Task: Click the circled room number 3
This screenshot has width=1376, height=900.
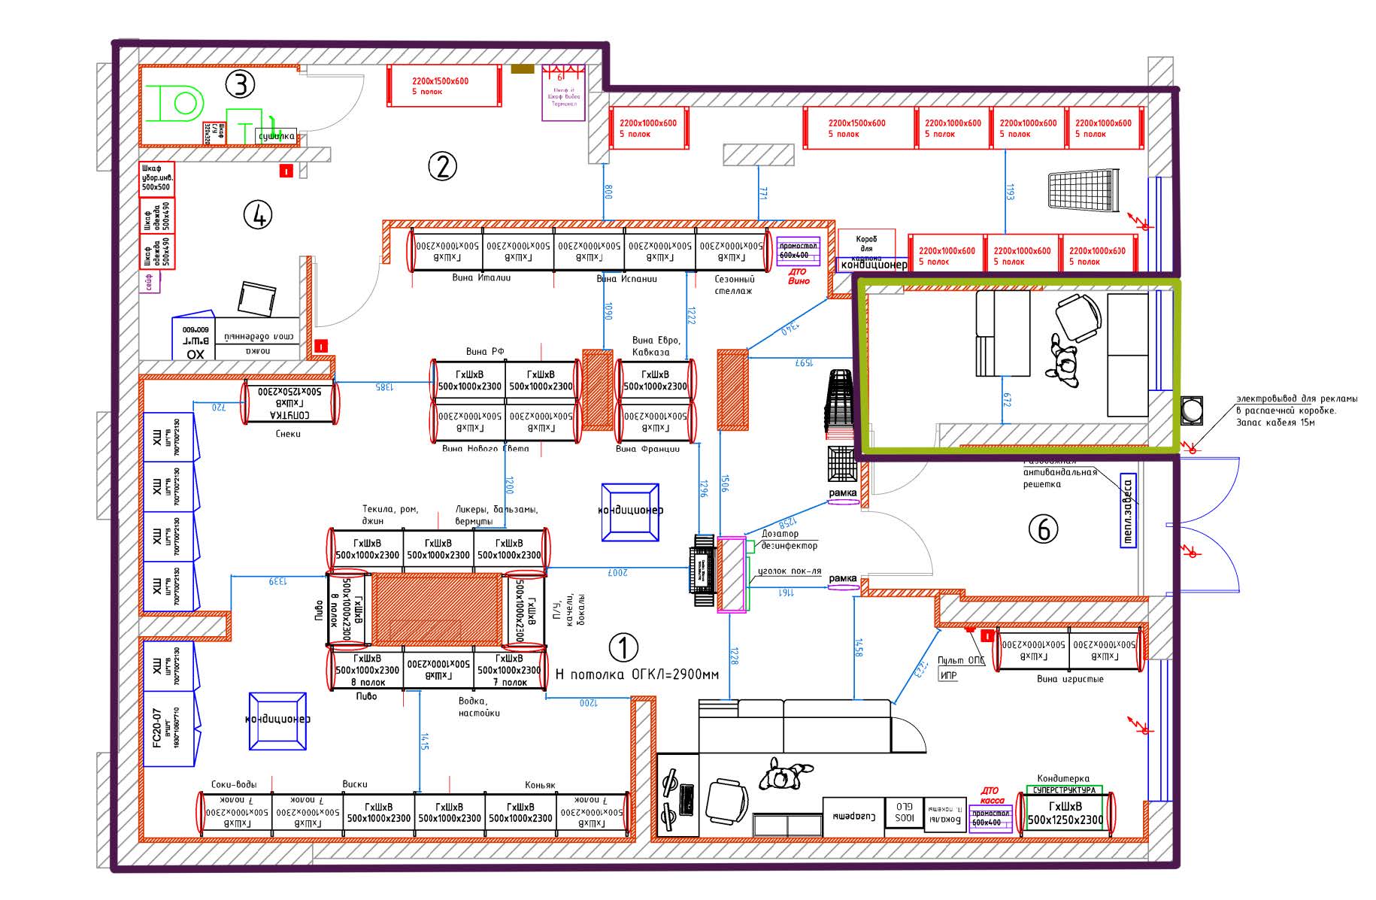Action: coord(240,84)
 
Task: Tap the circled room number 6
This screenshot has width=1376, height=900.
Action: coord(1043,529)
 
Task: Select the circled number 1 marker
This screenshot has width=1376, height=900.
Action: coord(623,647)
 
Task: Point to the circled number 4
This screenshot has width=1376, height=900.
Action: coord(258,216)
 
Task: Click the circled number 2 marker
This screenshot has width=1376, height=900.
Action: coord(442,166)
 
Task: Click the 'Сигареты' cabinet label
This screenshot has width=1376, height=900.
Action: coord(853,814)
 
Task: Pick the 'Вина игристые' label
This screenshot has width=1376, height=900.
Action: coord(1070,679)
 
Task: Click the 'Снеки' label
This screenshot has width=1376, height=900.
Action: coord(288,434)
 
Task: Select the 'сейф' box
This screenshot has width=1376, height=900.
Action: coord(148,282)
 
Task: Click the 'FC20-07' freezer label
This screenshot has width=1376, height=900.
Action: coord(156,728)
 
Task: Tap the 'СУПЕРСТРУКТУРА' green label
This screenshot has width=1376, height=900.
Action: coord(1064,790)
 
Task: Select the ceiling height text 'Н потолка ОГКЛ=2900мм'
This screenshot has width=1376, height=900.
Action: coord(637,674)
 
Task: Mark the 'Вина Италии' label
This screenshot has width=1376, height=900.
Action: coord(481,277)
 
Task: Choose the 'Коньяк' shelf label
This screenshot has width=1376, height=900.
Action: coord(540,785)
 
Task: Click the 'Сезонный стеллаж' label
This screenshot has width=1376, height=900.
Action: coord(733,284)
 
